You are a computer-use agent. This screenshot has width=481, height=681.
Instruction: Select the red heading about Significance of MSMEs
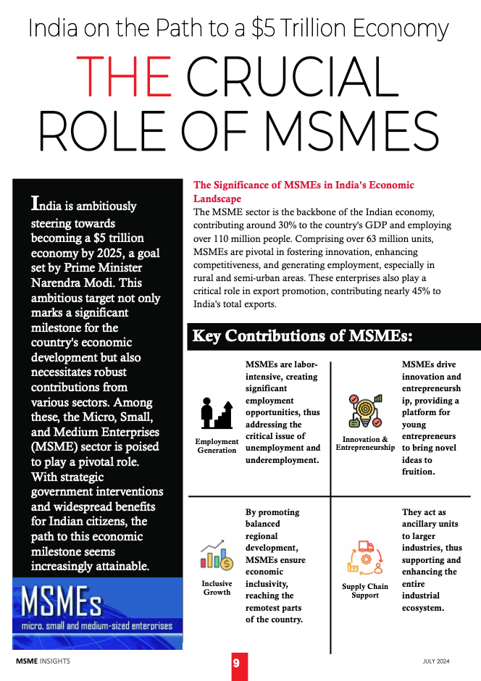click(304, 192)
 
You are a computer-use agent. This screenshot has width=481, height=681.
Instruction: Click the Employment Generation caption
click(217, 446)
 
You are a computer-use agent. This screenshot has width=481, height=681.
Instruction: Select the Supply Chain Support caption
click(365, 590)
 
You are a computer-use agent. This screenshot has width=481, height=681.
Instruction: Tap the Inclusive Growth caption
click(217, 588)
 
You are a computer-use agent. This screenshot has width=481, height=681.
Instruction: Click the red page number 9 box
click(236, 664)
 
